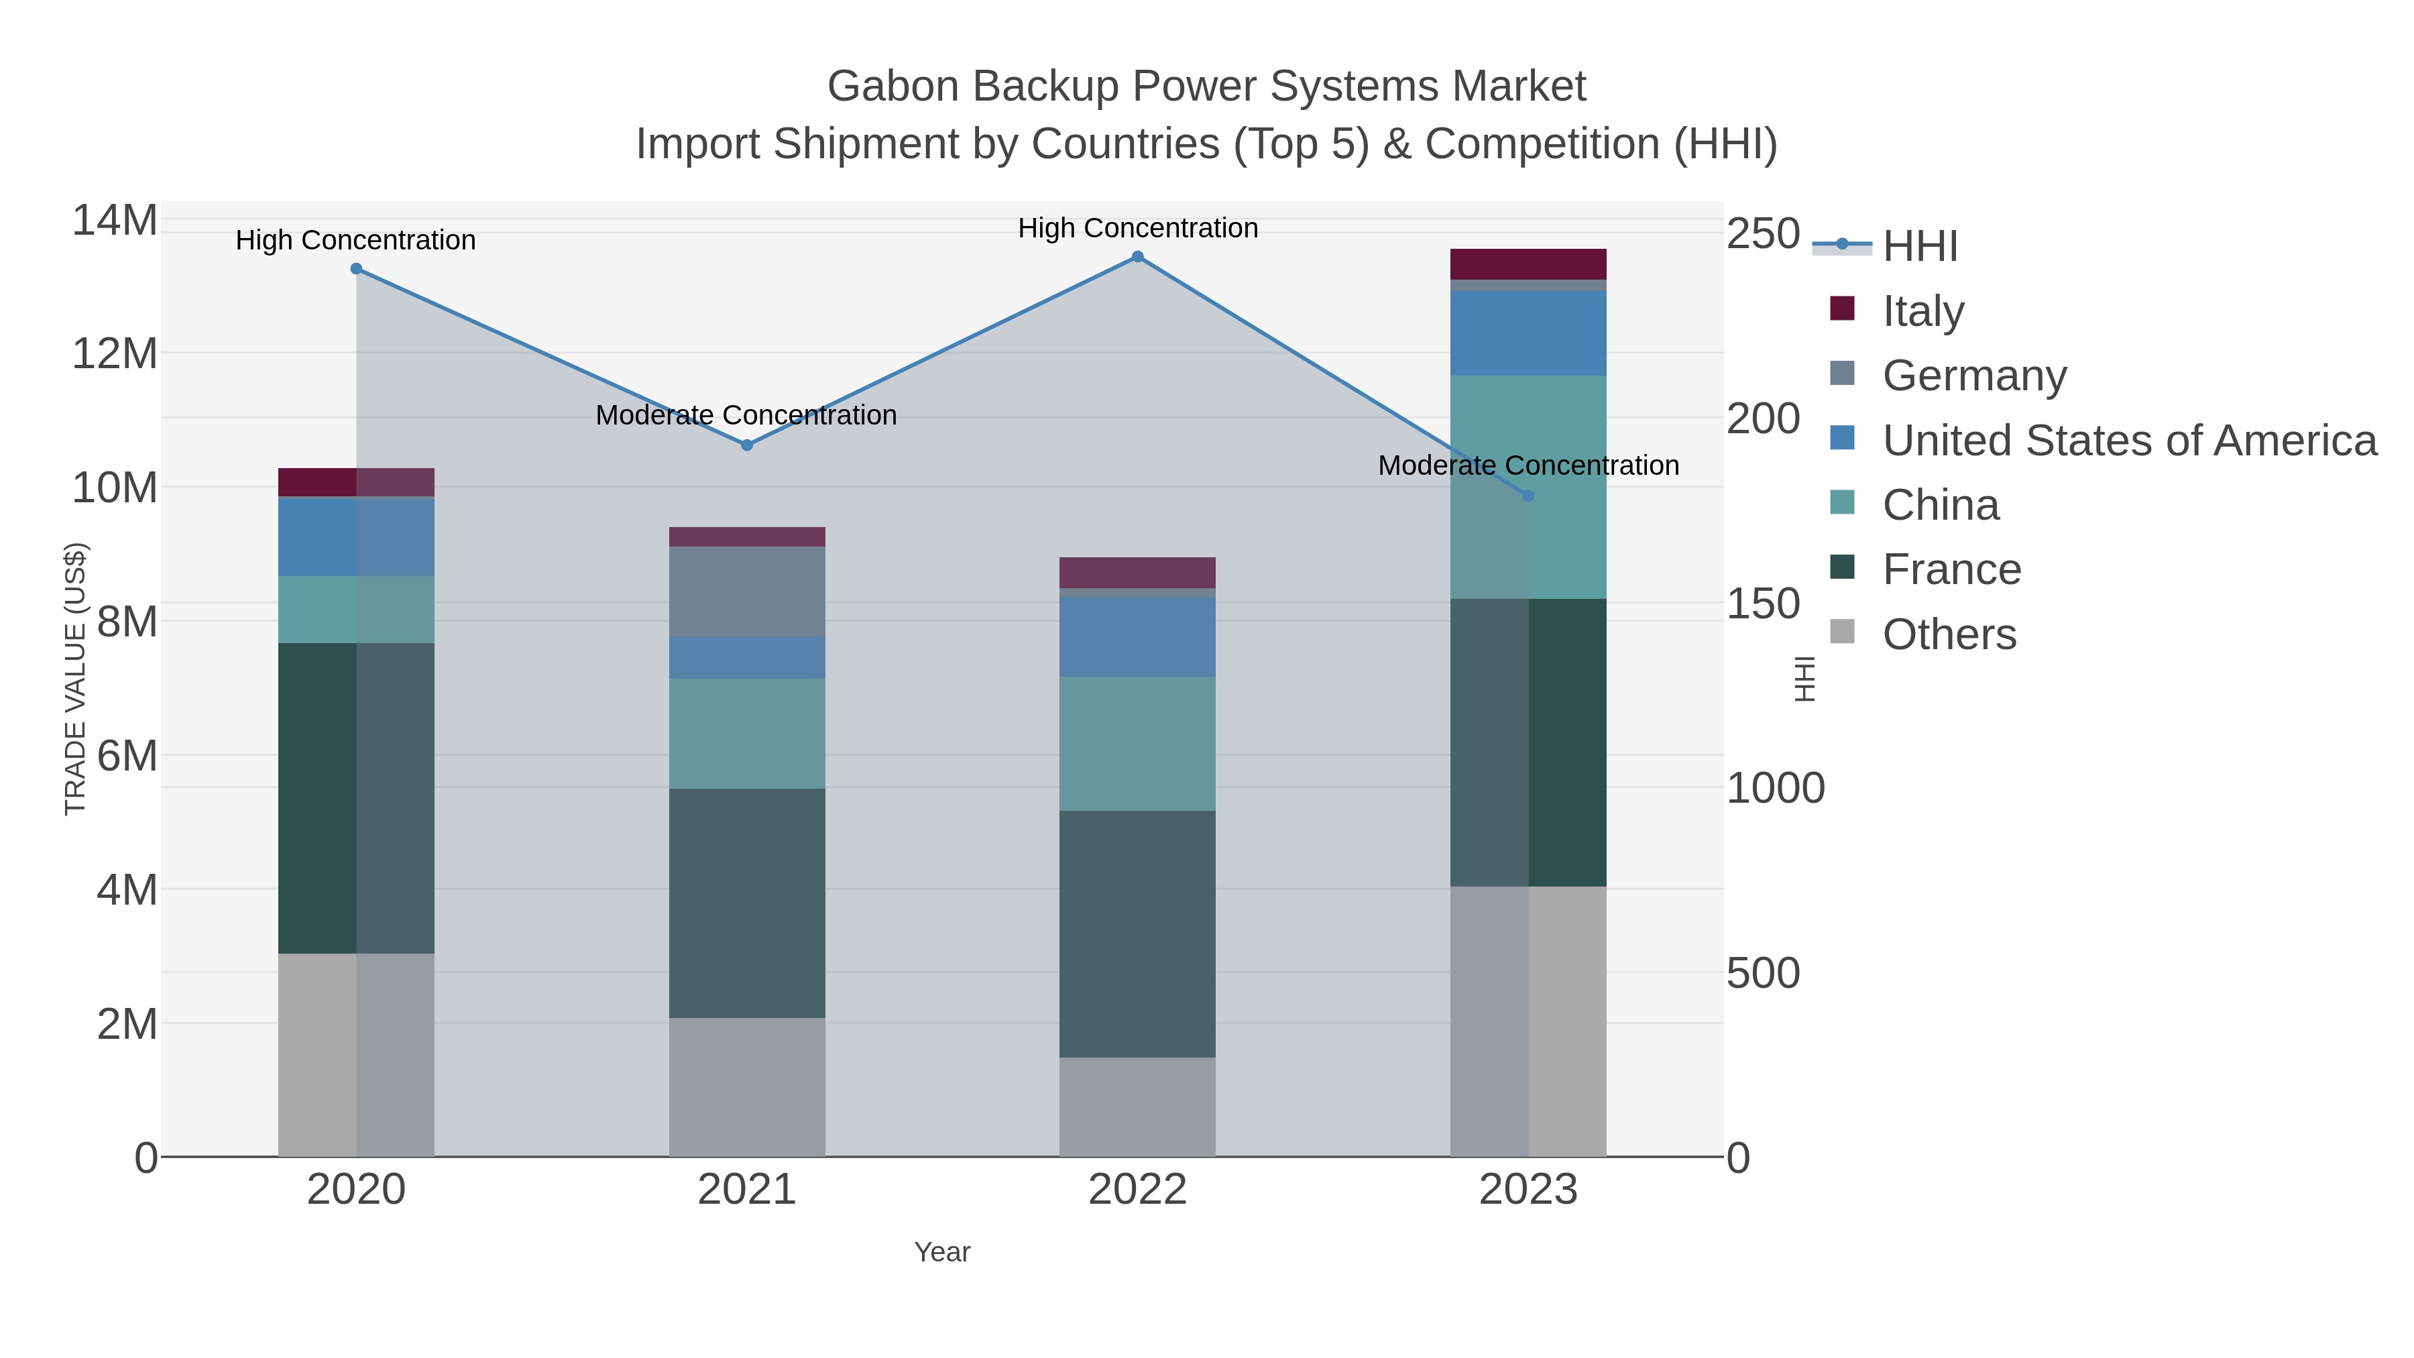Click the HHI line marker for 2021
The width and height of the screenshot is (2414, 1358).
747,445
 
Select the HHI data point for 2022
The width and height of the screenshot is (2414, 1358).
1138,257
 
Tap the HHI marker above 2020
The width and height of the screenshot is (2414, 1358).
356,269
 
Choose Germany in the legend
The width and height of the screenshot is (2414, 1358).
1973,375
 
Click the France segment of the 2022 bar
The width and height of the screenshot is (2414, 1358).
1138,933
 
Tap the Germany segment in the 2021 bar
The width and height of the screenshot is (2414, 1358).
747,591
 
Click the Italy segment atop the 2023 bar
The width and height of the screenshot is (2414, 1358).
1528,264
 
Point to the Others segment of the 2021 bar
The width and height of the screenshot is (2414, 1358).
747,1086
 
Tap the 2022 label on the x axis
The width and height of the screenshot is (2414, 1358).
1138,1189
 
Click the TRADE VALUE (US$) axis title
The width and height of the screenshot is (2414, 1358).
75,679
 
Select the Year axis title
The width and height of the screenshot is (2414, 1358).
942,1252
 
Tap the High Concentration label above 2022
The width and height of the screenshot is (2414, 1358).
1138,228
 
